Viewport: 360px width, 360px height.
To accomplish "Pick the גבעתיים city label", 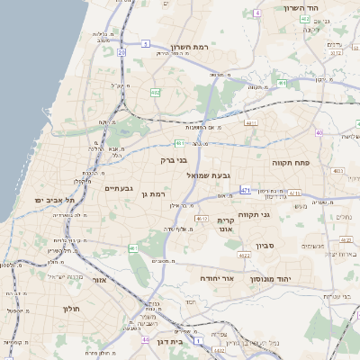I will pyautogui.click(x=119, y=188).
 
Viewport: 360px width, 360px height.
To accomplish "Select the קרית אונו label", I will pyautogui.click(x=226, y=225).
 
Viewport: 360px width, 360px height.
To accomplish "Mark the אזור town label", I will pyautogui.click(x=98, y=280).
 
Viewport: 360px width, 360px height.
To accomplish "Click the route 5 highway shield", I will pyautogui.click(x=145, y=42).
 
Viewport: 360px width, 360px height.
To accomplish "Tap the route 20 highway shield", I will pyautogui.click(x=121, y=52).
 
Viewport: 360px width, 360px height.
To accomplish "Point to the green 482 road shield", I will pyautogui.click(x=155, y=92).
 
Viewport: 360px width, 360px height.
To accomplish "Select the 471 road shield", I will pyautogui.click(x=245, y=190).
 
